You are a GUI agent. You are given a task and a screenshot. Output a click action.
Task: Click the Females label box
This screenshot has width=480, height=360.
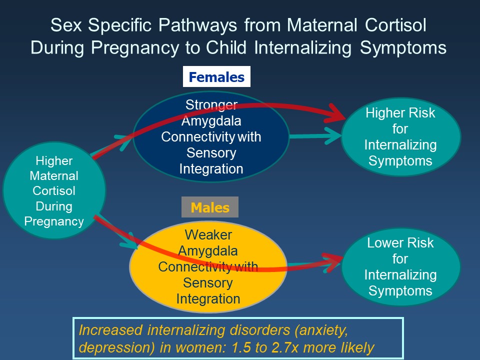click(x=216, y=77)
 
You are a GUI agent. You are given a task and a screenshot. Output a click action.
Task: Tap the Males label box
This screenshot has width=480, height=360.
click(x=210, y=207)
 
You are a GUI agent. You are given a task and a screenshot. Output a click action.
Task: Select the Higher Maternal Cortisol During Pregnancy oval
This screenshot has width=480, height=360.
click(x=54, y=191)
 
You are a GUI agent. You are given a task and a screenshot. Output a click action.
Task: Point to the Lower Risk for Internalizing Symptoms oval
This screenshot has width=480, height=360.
click(x=400, y=267)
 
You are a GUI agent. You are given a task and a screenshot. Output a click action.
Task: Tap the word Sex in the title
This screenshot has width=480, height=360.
click(x=64, y=26)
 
